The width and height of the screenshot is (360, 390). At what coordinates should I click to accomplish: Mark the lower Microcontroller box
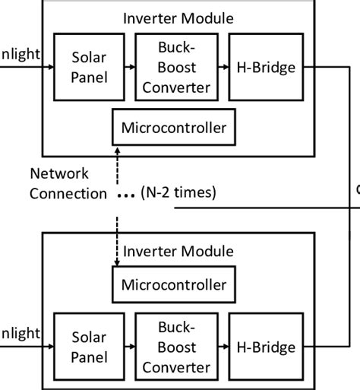[173, 285]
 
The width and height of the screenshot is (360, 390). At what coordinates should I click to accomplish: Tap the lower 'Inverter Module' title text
[178, 249]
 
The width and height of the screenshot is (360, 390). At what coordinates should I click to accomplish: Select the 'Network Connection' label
[68, 183]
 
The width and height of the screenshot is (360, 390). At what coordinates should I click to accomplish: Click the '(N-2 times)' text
[178, 193]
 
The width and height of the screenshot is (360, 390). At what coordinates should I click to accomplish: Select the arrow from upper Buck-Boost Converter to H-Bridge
[222, 68]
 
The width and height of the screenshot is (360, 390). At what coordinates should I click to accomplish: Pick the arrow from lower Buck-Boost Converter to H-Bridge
[222, 347]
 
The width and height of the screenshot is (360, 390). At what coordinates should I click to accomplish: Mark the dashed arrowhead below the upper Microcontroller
[115, 151]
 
